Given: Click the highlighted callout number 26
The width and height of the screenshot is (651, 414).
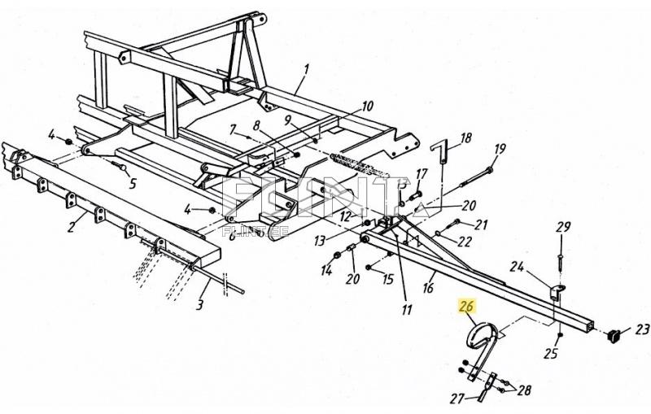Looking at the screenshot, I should pos(466,307).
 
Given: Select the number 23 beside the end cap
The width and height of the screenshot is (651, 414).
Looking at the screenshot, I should pos(642,329).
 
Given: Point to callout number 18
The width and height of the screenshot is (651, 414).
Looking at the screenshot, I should pos(465,138).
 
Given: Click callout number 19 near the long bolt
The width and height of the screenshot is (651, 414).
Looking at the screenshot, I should pos(499,148).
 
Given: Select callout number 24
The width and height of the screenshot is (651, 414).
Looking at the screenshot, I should pos(517,265).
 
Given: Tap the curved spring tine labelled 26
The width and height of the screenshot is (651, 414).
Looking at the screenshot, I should pos(480,342).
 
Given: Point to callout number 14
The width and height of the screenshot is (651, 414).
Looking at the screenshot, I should pos(326,269).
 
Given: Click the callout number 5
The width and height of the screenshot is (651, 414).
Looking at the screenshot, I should pos(132,182).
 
